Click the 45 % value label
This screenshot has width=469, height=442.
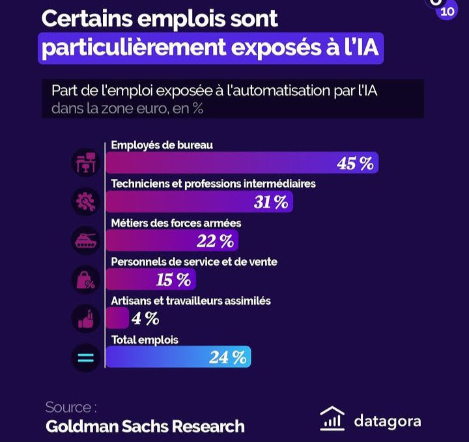click(355, 163)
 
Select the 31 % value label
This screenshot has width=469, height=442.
click(271, 202)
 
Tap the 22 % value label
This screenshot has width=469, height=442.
click(215, 242)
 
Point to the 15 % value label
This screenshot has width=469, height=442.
click(173, 281)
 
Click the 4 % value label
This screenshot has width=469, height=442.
click(145, 318)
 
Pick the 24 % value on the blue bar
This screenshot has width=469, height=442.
click(228, 357)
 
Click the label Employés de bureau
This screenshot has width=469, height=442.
click(162, 145)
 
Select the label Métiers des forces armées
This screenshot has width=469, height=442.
click(176, 223)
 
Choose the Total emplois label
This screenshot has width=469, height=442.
click(145, 340)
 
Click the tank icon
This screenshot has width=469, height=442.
click(85, 241)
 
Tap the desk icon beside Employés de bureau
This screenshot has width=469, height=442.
click(85, 162)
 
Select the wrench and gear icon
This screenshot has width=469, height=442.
click(85, 202)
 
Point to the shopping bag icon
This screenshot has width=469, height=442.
click(85, 280)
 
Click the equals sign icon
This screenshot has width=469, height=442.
click(85, 357)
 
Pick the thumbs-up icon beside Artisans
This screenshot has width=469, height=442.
click(85, 319)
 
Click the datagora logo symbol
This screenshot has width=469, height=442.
click(332, 419)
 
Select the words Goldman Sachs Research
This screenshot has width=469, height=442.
click(145, 426)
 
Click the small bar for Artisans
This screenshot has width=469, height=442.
click(117, 318)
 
